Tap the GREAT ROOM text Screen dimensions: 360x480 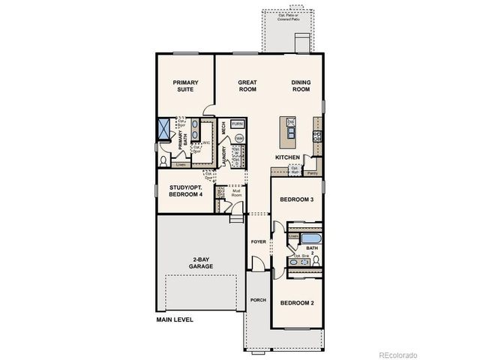click(x=247, y=85)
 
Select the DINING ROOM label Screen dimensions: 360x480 click(x=301, y=85)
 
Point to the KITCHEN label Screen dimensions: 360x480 click(x=287, y=157)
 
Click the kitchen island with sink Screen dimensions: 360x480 click(x=287, y=131)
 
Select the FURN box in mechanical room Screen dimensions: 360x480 click(x=237, y=124)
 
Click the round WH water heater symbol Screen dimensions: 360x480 click(x=238, y=138)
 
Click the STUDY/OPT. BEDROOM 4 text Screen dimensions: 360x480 click(x=185, y=191)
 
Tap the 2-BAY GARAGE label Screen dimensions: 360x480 click(x=200, y=263)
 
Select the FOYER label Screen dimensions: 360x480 click(x=258, y=241)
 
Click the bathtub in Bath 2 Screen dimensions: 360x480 click(x=310, y=240)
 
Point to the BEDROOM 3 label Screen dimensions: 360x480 click(x=296, y=200)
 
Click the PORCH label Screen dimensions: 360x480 click(x=258, y=299)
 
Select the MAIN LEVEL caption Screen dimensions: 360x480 click(x=174, y=319)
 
